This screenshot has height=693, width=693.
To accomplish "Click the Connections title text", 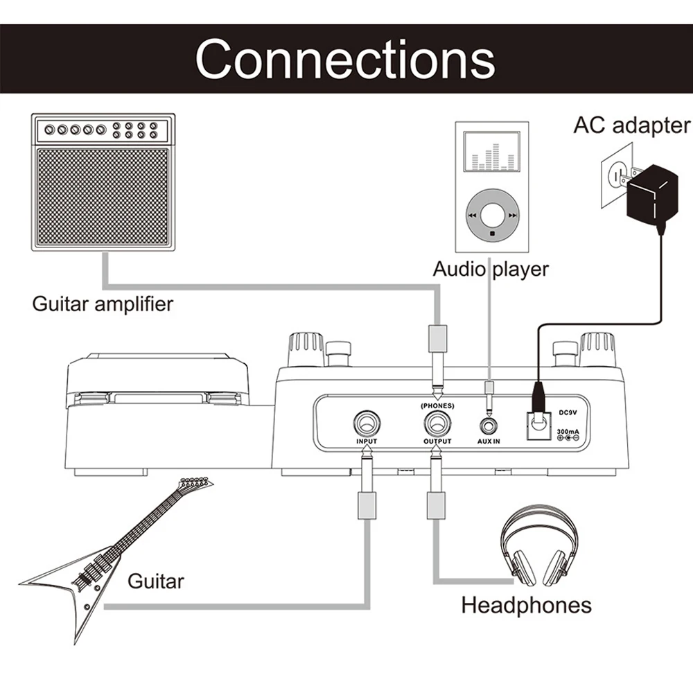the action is pyautogui.click(x=345, y=59).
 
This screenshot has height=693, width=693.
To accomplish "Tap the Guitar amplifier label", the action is pyautogui.click(x=103, y=304).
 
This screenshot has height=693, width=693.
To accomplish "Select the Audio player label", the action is pyautogui.click(x=491, y=269).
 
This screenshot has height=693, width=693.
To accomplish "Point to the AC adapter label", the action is pyautogui.click(x=632, y=125).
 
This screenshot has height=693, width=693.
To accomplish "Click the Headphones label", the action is pyautogui.click(x=527, y=605).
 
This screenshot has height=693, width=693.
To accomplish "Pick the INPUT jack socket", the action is pyautogui.click(x=367, y=423).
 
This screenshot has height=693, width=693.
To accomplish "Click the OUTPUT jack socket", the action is pyautogui.click(x=437, y=423).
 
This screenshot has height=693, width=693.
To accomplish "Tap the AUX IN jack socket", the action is pyautogui.click(x=489, y=426).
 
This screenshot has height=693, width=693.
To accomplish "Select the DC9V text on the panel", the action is pyautogui.click(x=568, y=413).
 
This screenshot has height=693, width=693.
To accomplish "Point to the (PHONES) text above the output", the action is pyautogui.click(x=437, y=405).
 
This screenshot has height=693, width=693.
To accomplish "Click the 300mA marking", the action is pyautogui.click(x=568, y=431).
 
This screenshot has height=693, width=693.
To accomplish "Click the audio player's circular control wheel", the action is pyautogui.click(x=492, y=216).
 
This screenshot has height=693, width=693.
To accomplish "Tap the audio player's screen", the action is pyautogui.click(x=491, y=152).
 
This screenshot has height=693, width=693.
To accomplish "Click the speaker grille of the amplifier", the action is pyautogui.click(x=103, y=197).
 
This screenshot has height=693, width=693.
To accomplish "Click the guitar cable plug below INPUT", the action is pyautogui.click(x=367, y=482).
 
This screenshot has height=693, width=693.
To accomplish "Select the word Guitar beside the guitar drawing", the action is pyautogui.click(x=155, y=581).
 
